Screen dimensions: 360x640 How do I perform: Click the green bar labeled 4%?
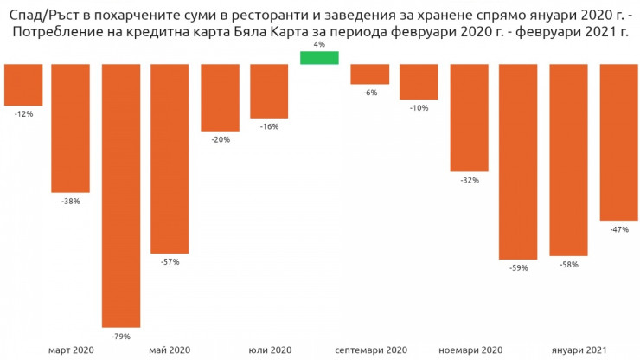pyautogui.click(x=319, y=57)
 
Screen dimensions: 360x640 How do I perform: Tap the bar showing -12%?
pyautogui.click(x=23, y=85)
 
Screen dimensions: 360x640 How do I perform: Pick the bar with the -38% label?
pyautogui.click(x=71, y=128)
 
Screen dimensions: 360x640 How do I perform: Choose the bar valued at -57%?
pyautogui.click(x=170, y=158)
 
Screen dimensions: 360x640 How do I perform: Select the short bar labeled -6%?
pyautogui.click(x=369, y=74)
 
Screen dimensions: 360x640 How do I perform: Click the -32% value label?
pyautogui.click(x=470, y=181)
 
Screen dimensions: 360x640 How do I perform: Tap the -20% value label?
pyautogui.click(x=221, y=139)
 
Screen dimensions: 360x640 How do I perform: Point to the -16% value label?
pyautogui.click(x=269, y=126)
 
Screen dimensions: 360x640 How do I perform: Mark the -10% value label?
pyautogui.click(x=419, y=108)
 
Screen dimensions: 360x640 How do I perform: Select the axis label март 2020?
pyautogui.click(x=71, y=350)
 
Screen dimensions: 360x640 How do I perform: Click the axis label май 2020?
pyautogui.click(x=170, y=350)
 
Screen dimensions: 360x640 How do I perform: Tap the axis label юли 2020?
pyautogui.click(x=270, y=350)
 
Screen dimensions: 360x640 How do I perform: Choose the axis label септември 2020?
pyautogui.click(x=370, y=350)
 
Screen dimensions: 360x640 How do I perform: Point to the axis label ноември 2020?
pyautogui.click(x=470, y=350)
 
